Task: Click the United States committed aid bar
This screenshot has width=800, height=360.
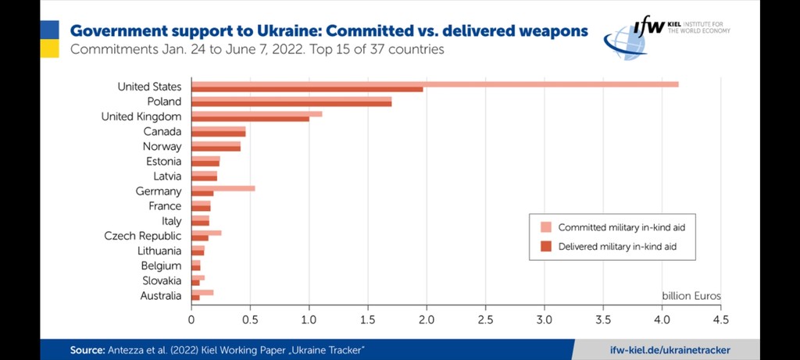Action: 434,84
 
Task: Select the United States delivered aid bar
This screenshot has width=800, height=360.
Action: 307,89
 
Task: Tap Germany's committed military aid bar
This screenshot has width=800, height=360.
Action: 223,188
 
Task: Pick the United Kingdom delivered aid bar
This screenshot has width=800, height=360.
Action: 250,119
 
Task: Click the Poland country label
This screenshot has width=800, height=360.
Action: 164,102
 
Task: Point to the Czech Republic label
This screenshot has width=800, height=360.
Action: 143,236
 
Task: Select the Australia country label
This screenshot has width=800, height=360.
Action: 162,296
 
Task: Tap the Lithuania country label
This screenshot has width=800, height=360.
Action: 159,251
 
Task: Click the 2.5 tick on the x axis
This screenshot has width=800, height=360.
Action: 485,319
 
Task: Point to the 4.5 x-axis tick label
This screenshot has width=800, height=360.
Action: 720,319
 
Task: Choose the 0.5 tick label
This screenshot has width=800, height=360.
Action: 250,319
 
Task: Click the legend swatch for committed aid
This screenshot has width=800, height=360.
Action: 545,227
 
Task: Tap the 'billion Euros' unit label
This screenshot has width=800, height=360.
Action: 691,296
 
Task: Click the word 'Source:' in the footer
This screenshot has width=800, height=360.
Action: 87,349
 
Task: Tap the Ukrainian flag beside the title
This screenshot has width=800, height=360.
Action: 49,39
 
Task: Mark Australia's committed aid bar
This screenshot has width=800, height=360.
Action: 202,293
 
